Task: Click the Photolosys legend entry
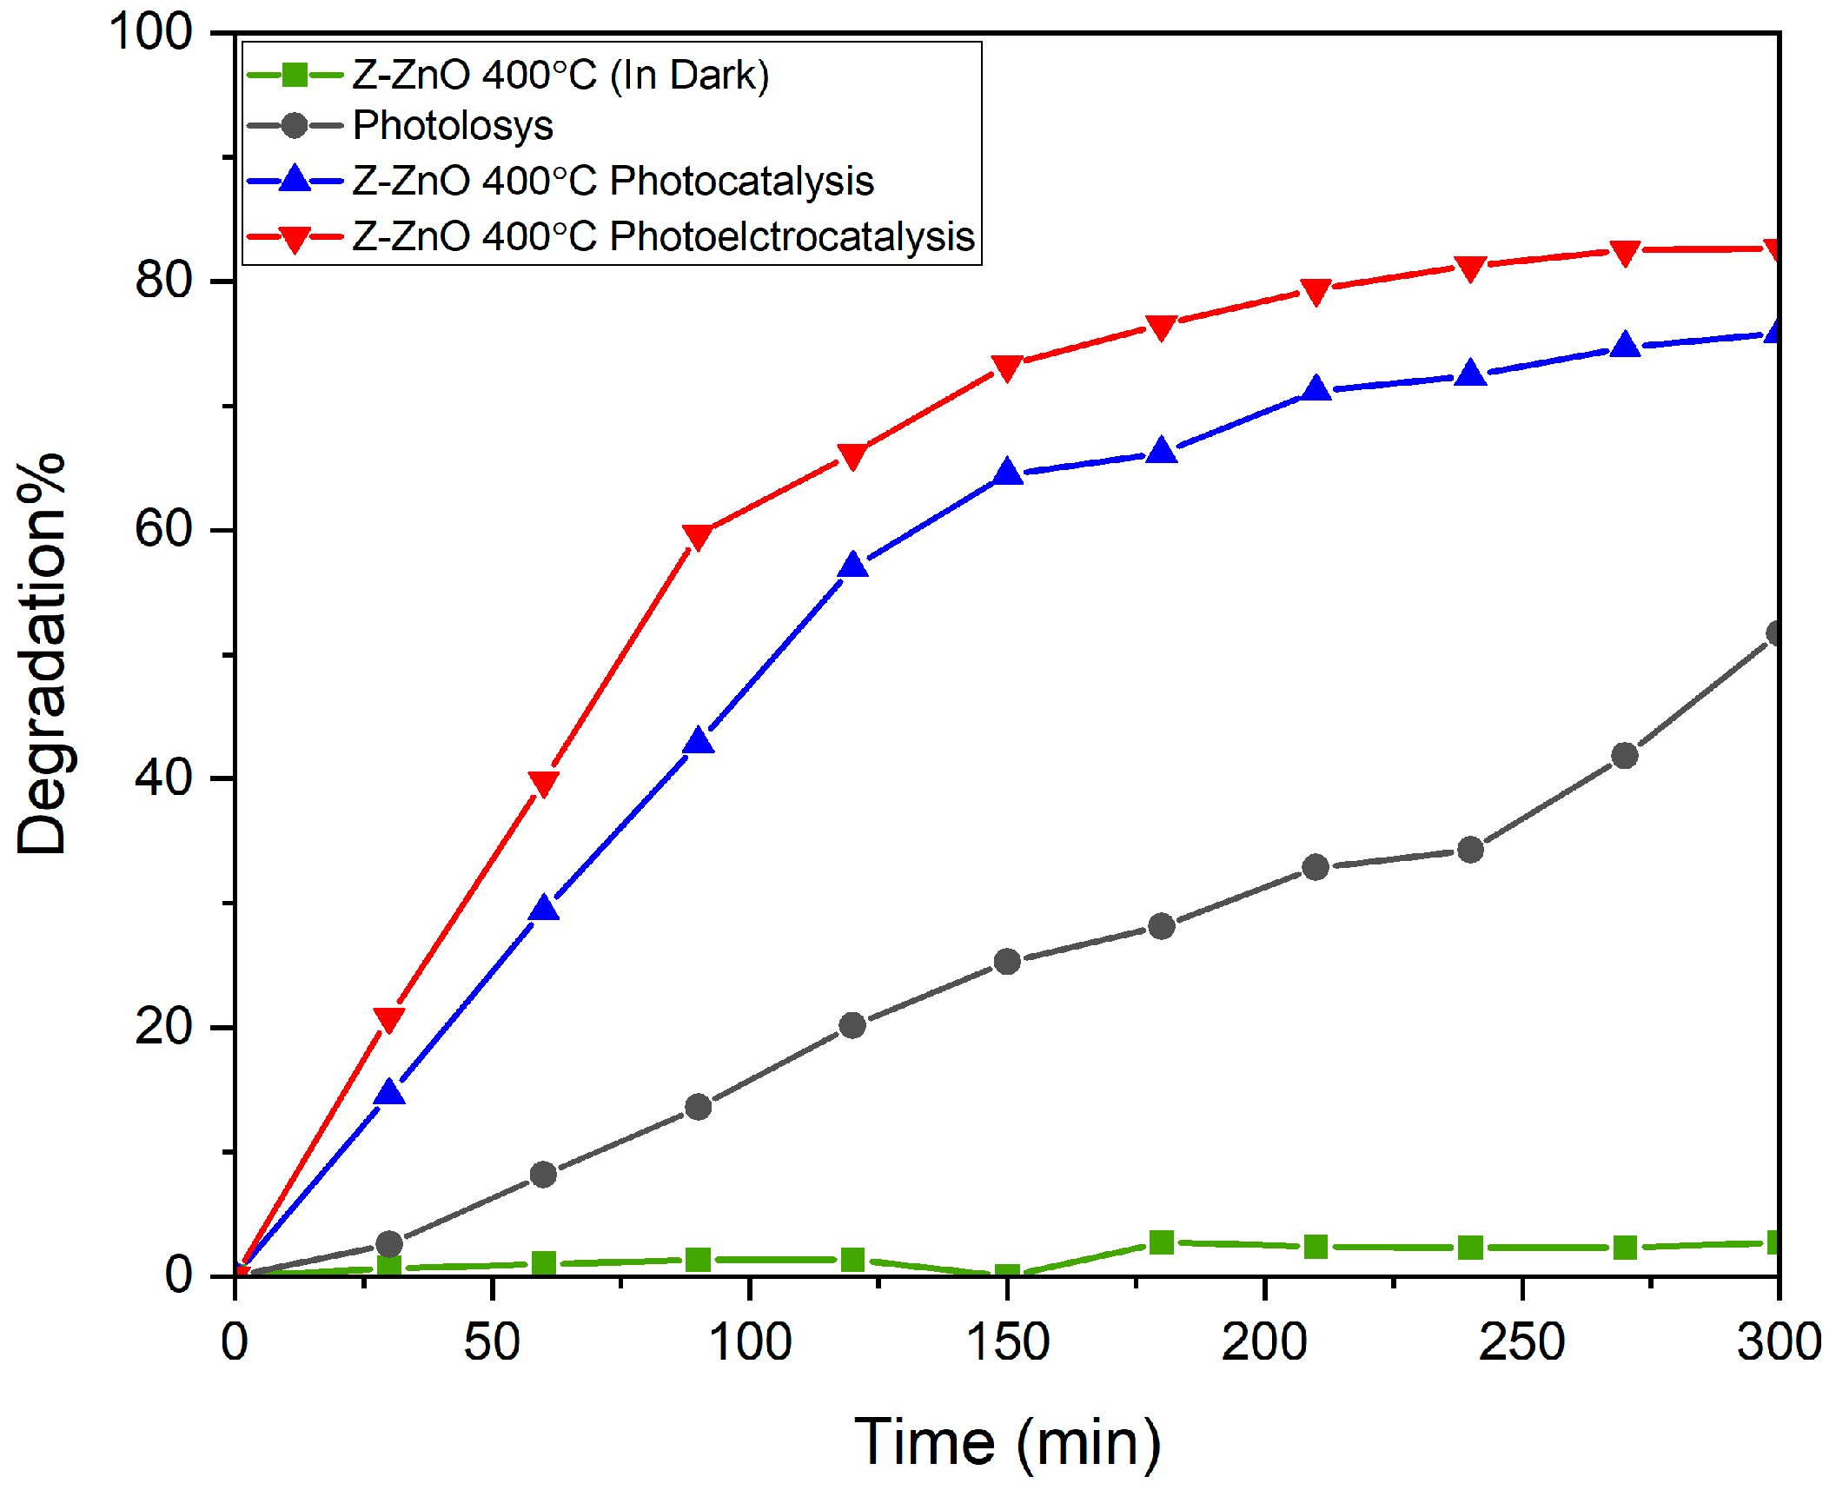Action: [453, 126]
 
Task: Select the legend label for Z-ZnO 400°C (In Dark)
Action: [560, 76]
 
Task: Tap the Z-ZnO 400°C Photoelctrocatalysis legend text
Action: [663, 236]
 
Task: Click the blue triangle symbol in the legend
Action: [295, 180]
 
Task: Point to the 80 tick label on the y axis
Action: [163, 280]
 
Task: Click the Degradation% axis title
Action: [41, 653]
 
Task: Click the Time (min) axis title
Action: [1007, 1442]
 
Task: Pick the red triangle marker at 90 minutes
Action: [698, 536]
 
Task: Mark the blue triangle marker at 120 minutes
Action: [852, 566]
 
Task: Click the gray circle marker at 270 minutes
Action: [1624, 756]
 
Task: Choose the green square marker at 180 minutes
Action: [1162, 1242]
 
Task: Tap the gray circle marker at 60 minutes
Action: [543, 1175]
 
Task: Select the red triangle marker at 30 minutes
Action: [388, 1018]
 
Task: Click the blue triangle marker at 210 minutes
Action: [1316, 388]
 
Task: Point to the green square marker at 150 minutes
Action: [1007, 1275]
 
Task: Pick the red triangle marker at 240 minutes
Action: [1470, 268]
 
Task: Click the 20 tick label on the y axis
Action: [163, 1026]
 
